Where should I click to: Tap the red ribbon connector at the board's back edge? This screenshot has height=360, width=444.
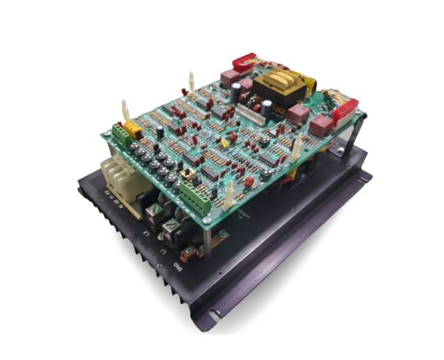[244, 63]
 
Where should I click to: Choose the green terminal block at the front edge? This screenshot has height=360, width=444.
[196, 191]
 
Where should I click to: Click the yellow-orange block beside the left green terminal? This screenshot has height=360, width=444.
[133, 130]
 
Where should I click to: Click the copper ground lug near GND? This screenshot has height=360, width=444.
[187, 255]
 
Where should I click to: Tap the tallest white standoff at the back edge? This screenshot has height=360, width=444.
[191, 82]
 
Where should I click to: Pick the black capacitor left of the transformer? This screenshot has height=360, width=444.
[235, 92]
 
